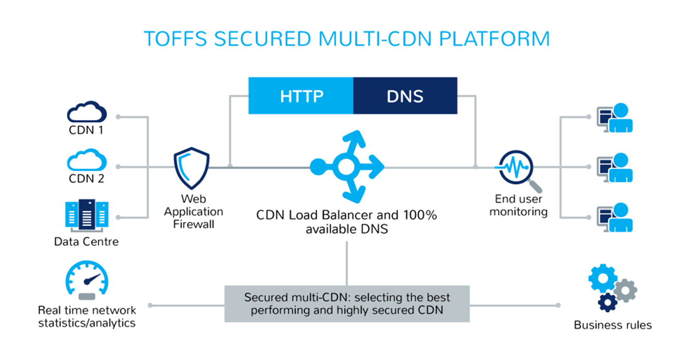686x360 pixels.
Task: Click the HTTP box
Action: tap(301, 95)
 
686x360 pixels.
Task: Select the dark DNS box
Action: tap(405, 95)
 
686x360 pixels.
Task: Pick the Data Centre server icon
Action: tap(87, 214)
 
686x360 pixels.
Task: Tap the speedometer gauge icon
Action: tap(87, 280)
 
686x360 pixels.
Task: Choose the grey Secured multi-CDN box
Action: tap(347, 304)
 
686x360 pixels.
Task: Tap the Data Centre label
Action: tap(87, 242)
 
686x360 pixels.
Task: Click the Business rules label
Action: tap(612, 326)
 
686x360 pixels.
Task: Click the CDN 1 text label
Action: tap(86, 130)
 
